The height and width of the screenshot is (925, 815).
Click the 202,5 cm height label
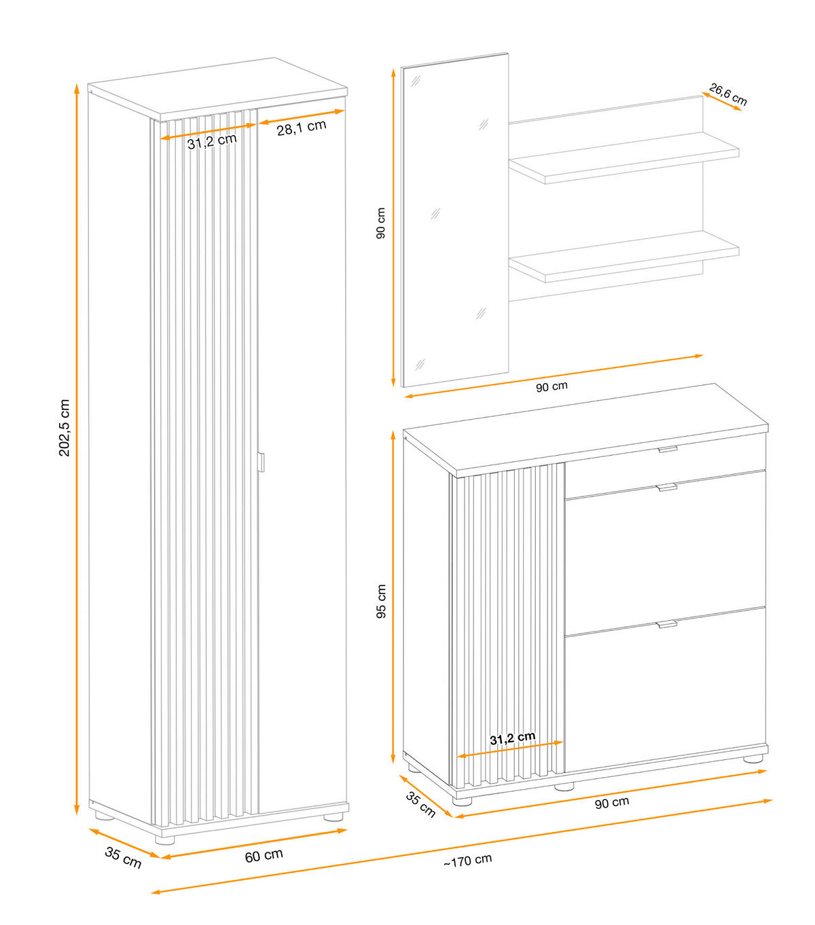tap(64, 427)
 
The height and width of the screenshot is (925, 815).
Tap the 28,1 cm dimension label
tap(302, 128)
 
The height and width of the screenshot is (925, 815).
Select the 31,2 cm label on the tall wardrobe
tap(212, 141)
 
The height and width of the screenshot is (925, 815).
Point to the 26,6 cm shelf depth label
tap(727, 94)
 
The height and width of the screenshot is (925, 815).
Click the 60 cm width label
tap(264, 856)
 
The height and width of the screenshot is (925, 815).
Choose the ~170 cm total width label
tap(467, 860)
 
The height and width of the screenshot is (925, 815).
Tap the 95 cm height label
tap(381, 601)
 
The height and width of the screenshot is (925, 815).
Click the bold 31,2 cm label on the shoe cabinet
tap(512, 738)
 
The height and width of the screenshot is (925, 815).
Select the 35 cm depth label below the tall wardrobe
tap(123, 858)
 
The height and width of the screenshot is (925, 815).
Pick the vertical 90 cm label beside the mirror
tap(380, 223)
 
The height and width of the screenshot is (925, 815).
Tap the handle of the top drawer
tap(668, 450)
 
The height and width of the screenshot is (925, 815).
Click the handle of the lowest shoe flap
tap(667, 624)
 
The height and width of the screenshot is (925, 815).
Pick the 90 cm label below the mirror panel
tap(551, 386)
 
